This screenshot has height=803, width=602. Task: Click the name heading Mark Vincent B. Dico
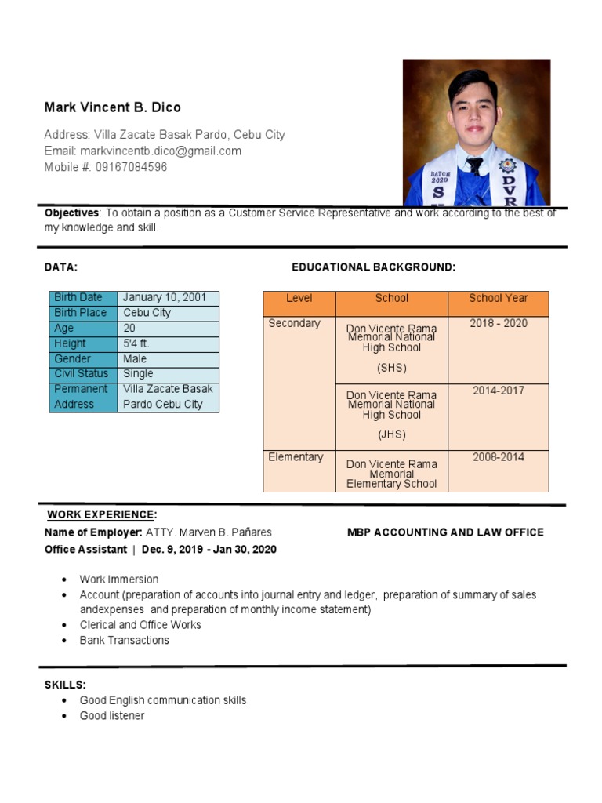click(x=112, y=107)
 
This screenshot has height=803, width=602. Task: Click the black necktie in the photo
click(x=474, y=166)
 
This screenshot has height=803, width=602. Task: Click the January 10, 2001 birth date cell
click(x=165, y=298)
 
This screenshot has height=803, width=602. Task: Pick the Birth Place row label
click(x=80, y=313)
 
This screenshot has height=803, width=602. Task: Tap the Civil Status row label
click(x=82, y=374)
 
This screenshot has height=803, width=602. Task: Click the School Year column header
click(x=498, y=299)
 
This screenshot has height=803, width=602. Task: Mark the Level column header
click(x=299, y=299)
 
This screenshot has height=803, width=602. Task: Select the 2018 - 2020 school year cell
click(x=498, y=324)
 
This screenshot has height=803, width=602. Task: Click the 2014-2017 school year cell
click(x=498, y=391)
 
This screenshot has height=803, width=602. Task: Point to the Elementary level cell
click(x=296, y=457)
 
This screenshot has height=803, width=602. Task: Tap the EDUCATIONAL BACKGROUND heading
click(x=373, y=267)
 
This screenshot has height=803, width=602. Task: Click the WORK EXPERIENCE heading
click(x=101, y=515)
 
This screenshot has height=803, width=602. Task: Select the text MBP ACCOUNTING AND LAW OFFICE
click(x=445, y=532)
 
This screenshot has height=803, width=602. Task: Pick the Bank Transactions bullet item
click(x=124, y=641)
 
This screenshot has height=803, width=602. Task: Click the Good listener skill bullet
click(x=112, y=716)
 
